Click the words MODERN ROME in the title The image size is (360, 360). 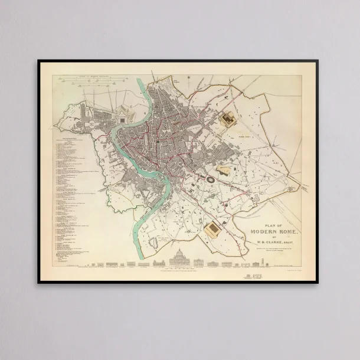pos(270,231)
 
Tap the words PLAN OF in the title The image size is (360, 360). pos(270,225)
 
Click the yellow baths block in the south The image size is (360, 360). pos(213,230)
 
